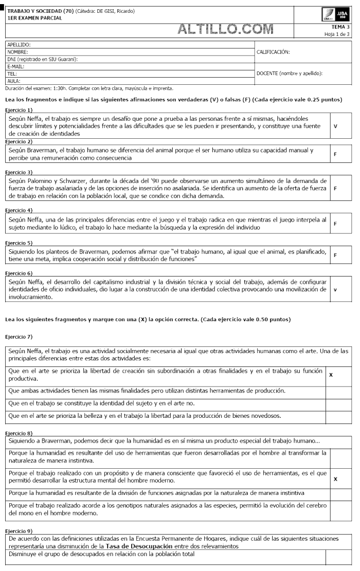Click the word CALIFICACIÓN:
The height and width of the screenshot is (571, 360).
click(x=273, y=52)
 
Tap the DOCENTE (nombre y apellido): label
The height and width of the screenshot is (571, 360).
click(x=289, y=73)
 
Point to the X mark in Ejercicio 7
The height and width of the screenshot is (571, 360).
click(x=331, y=375)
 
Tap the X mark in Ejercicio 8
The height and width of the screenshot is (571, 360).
click(x=335, y=479)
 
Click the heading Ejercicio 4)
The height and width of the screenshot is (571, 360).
click(x=19, y=210)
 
